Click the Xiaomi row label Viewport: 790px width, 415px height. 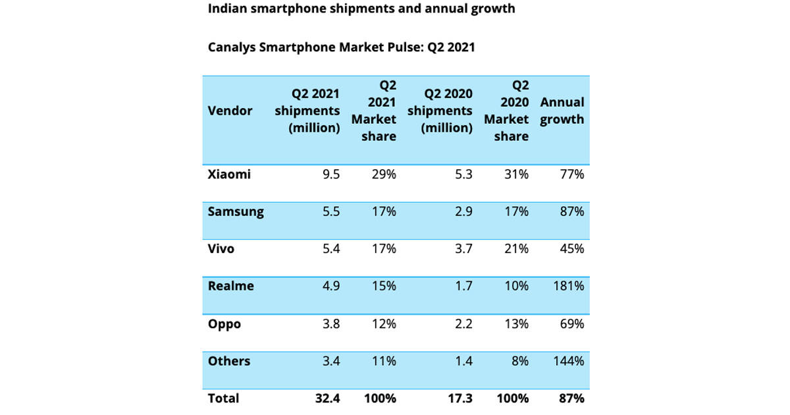click(x=228, y=175)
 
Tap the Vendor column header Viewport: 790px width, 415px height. click(x=230, y=111)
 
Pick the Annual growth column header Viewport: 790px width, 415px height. click(x=562, y=111)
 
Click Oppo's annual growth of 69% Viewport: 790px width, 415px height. click(x=572, y=324)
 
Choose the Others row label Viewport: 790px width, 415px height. click(x=228, y=361)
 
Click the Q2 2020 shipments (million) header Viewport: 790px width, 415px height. click(x=440, y=111)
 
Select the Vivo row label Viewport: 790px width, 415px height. click(x=221, y=249)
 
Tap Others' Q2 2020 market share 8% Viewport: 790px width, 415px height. click(x=519, y=361)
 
